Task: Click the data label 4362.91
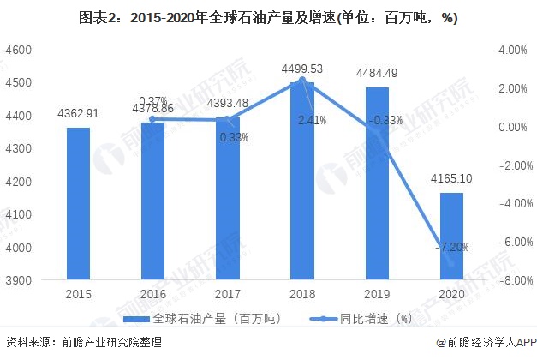pyautogui.click(x=79, y=111)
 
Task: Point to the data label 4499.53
pyautogui.click(x=301, y=68)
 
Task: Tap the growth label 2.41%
pyautogui.click(x=312, y=121)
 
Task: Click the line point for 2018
pyautogui.click(x=301, y=81)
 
